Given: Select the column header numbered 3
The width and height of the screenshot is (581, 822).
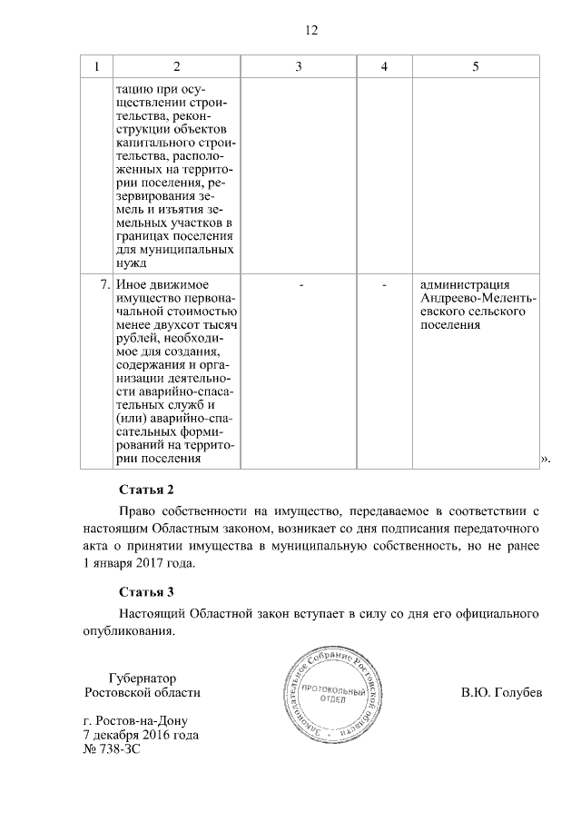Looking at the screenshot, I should click(299, 67).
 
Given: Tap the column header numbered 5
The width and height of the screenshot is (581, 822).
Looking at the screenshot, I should click(476, 67).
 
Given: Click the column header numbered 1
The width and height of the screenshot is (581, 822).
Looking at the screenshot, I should click(96, 67).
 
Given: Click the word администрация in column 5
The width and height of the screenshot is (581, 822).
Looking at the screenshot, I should click(466, 285).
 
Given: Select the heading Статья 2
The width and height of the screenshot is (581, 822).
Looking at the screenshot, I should click(146, 490).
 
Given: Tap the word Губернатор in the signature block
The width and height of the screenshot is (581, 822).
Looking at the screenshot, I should click(142, 678).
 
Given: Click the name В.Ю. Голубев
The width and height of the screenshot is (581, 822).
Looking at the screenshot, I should click(502, 693).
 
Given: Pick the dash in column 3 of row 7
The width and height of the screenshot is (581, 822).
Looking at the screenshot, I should click(299, 285).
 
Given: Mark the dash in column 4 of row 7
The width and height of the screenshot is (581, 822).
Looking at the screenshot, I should click(385, 285).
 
